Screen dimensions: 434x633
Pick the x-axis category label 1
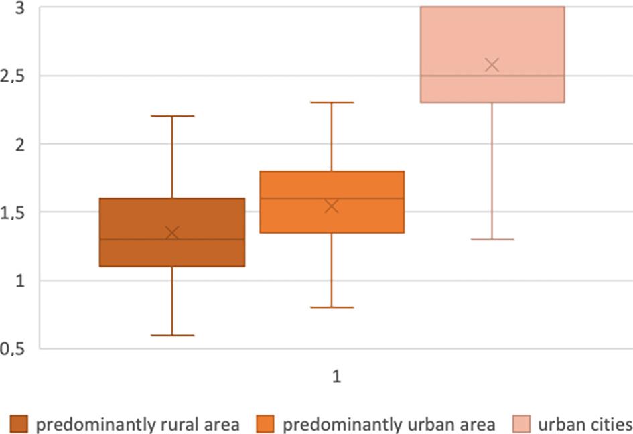pos(337,377)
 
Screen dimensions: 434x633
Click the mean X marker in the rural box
pos(172,232)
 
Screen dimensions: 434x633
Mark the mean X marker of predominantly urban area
pos(332,206)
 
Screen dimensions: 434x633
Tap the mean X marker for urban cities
pos(492,65)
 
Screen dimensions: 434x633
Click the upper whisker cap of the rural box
pos(172,116)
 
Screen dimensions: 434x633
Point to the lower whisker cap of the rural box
pos(172,335)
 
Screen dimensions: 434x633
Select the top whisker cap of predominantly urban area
pos(332,102)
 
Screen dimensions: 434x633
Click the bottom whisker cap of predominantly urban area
pos(332,307)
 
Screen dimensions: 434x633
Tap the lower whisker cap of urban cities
pos(492,239)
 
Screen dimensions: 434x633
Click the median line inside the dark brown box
pos(134,239)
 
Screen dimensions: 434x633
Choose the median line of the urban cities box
pos(455,76)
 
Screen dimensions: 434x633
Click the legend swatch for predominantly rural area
pos(18,424)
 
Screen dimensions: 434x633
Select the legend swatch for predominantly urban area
pos(265,424)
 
